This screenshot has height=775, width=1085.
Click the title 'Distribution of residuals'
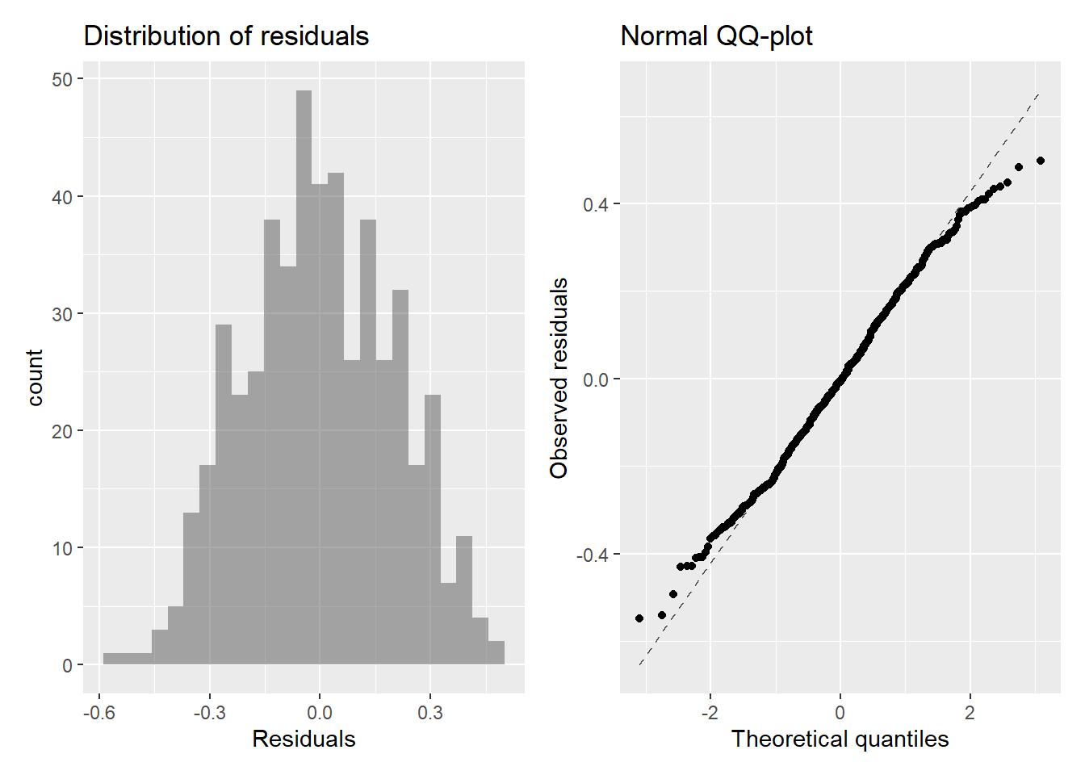pos(226,36)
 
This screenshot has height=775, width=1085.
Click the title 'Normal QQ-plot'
pos(716,36)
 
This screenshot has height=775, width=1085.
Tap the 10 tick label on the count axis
pos(62,549)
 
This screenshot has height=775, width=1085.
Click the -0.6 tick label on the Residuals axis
pos(99,712)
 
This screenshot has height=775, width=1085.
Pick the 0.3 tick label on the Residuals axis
pos(430,712)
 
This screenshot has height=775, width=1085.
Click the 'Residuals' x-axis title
pos(304,739)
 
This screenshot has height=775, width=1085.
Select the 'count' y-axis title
pos(35,377)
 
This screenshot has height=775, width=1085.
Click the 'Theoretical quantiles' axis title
pos(840,739)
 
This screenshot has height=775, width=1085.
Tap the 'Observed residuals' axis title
pos(559,378)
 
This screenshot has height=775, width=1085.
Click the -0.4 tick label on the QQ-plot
pos(592,555)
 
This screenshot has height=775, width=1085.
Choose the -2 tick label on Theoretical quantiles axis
pos(709,712)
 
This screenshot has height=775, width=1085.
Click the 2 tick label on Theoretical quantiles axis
pos(970,712)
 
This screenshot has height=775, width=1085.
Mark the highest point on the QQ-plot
pos(1040,161)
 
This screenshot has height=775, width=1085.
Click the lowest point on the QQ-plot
pos(639,618)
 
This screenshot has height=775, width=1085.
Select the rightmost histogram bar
pos(496,652)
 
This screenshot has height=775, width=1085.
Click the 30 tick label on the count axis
pos(62,314)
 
